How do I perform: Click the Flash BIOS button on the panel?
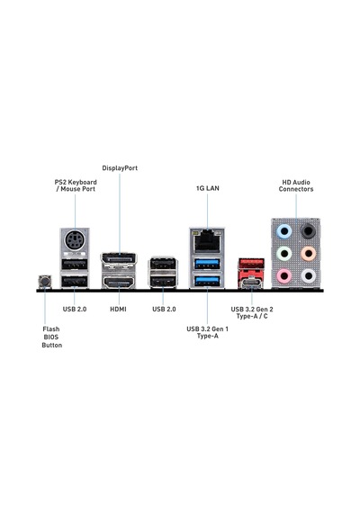click(x=45, y=282)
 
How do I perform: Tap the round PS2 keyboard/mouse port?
click(x=75, y=240)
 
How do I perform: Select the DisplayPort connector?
click(x=119, y=259)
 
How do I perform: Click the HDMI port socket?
click(x=119, y=283)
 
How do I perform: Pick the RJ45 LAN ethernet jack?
click(x=207, y=240)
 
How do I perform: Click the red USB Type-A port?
click(x=251, y=264)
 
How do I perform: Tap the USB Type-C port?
click(x=251, y=283)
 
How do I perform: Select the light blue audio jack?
click(x=284, y=231)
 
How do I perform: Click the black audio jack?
click(x=309, y=231)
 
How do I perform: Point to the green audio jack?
click(x=284, y=254)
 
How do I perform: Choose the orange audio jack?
click(x=309, y=254)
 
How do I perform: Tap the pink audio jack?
click(x=284, y=275)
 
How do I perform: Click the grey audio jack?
click(x=309, y=275)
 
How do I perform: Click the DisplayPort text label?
click(x=120, y=168)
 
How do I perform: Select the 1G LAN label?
click(x=208, y=188)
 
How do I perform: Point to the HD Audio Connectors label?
click(x=296, y=185)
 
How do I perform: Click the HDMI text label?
click(x=118, y=310)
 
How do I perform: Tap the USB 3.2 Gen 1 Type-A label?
click(x=208, y=332)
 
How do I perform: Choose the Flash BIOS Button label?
click(x=51, y=337)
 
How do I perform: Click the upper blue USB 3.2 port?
click(x=207, y=264)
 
